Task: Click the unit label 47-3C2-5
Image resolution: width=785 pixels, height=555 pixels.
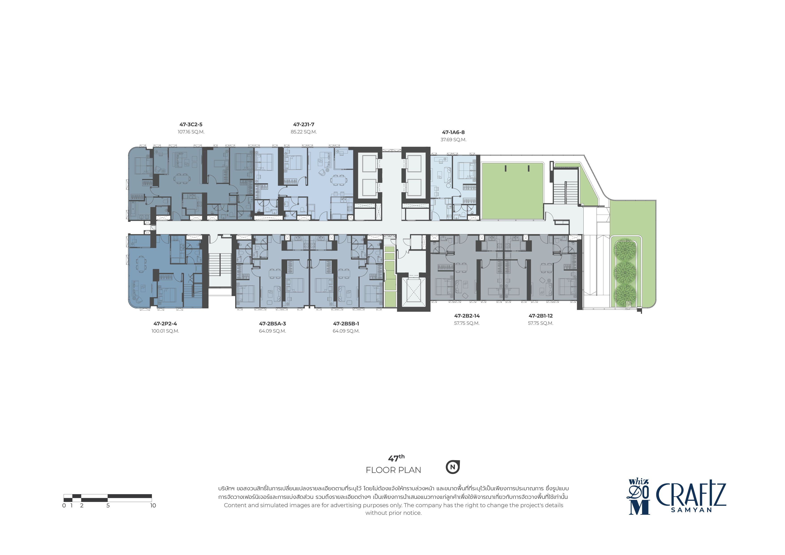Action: coord(191,124)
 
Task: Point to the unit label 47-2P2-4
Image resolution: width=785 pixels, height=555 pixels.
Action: coord(165,324)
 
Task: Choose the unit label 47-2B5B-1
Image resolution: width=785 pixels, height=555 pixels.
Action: coord(346,324)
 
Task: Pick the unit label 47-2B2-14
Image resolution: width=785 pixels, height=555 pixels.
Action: coord(467,316)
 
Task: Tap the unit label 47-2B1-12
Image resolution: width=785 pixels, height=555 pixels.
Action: coord(541,316)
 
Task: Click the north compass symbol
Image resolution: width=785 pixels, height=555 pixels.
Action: coord(453,467)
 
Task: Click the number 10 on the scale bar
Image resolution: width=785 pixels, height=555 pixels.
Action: coord(153,505)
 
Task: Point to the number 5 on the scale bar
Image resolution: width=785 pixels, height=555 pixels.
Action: coord(108,505)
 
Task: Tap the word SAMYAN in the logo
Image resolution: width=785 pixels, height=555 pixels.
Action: coord(691,510)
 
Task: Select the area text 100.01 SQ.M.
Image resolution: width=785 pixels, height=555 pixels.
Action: coord(165,331)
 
